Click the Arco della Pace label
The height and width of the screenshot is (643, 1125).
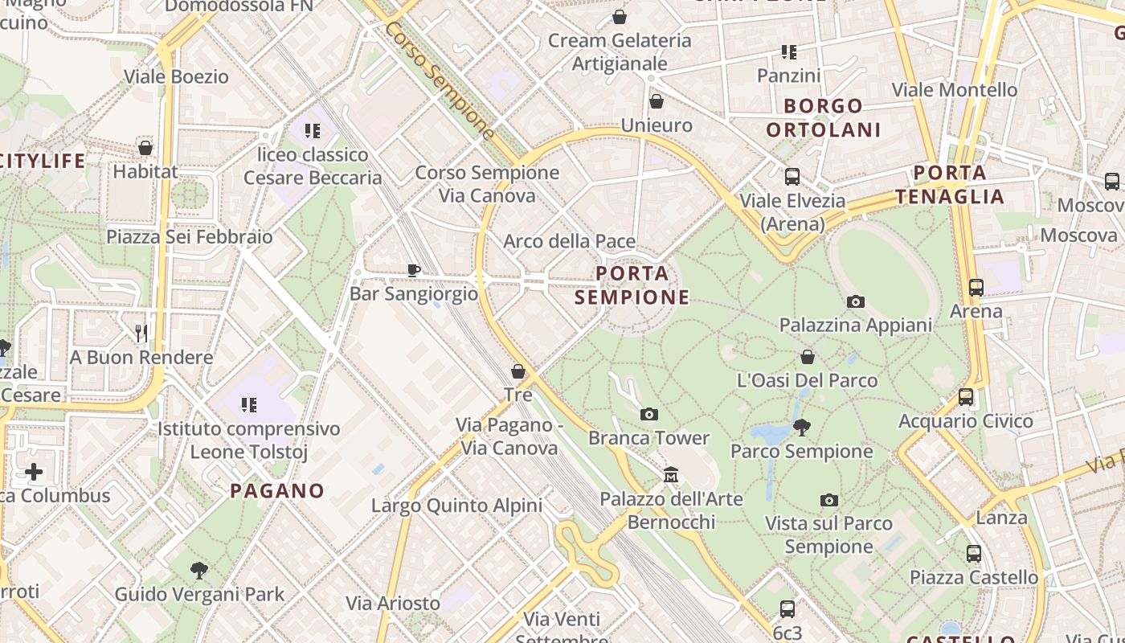[x=569, y=241]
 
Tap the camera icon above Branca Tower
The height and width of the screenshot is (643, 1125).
[x=649, y=415]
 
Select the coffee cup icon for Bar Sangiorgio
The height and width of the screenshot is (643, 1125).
[x=414, y=271]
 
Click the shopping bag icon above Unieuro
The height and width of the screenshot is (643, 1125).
[x=657, y=101]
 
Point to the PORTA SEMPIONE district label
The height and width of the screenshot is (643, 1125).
[x=632, y=285]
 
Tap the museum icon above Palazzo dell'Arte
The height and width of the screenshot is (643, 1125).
[x=671, y=475]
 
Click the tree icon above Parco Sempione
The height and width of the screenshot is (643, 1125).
[x=801, y=427]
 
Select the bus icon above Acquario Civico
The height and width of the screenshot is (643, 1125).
[x=966, y=397]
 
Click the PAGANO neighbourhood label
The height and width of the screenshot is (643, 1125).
[x=277, y=490]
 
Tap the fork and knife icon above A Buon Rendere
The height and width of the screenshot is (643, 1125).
[x=141, y=333]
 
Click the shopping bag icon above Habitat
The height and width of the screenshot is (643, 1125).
[x=145, y=148]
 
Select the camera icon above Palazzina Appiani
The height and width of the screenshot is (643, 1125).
[x=856, y=302]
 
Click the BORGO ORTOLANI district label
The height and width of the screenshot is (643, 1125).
[x=824, y=117]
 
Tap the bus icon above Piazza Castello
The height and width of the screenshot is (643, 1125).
[x=974, y=554]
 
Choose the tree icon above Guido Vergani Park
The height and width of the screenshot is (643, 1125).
[x=199, y=571]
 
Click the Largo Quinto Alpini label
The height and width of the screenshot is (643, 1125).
[x=456, y=506]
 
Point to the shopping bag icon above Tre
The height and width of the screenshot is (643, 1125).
[x=518, y=371]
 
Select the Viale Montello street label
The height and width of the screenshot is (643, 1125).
[x=955, y=89]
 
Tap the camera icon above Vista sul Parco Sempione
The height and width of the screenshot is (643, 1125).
[x=829, y=500]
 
